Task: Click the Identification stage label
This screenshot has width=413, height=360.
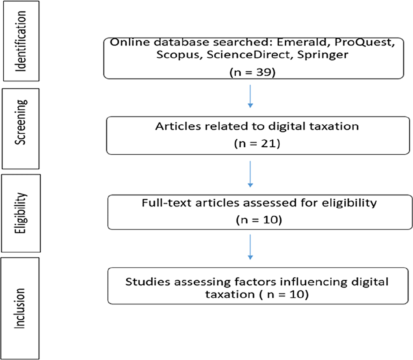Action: [21, 41]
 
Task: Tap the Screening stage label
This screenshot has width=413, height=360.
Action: [21, 122]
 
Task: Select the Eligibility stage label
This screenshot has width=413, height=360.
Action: [21, 213]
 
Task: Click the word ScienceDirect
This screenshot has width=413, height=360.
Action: [248, 54]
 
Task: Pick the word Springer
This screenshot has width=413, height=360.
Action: [323, 55]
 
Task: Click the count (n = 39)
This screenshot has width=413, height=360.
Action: [252, 72]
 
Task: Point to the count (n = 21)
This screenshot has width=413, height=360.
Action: [257, 144]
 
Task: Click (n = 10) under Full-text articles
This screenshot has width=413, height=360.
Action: [259, 219]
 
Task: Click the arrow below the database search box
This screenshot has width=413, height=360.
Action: [250, 96]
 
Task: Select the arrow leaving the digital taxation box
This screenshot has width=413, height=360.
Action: [250, 174]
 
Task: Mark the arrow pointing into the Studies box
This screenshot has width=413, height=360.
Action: [250, 247]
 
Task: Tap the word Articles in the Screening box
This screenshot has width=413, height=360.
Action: [178, 126]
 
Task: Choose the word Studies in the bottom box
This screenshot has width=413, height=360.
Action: [148, 282]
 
